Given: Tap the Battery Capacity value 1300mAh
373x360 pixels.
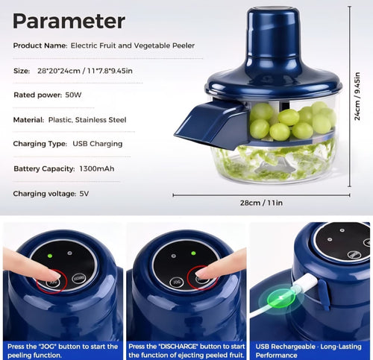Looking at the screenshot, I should (x=98, y=168).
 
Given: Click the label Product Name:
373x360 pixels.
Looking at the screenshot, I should (x=40, y=45).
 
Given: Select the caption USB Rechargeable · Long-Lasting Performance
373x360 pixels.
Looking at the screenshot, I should (x=310, y=350).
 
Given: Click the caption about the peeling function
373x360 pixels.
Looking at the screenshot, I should (x=62, y=350).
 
